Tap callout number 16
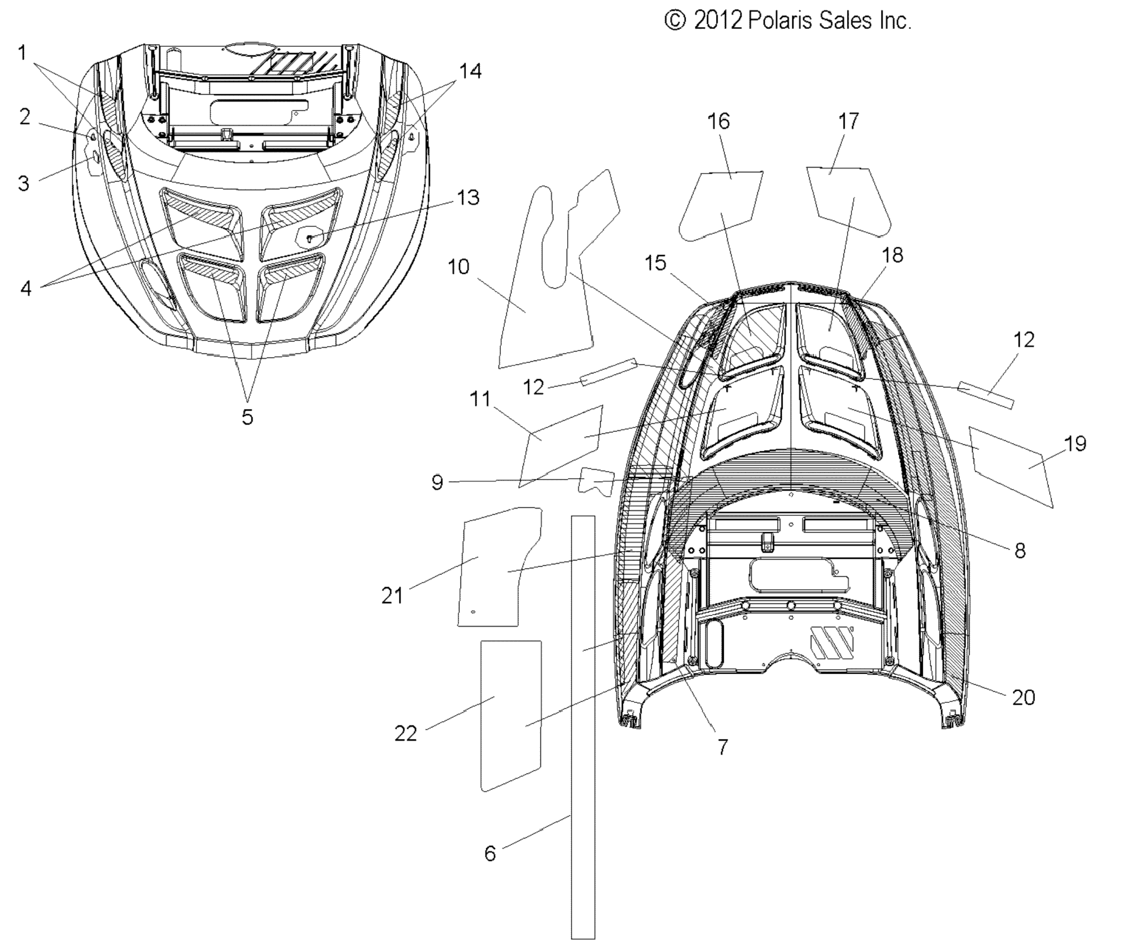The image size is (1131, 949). pyautogui.click(x=718, y=122)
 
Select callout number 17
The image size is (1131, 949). pyautogui.click(x=848, y=121)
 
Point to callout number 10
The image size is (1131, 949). pyautogui.click(x=458, y=267)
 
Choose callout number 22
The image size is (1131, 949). pyautogui.click(x=405, y=733)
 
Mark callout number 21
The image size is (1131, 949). pyautogui.click(x=392, y=596)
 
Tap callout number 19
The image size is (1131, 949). pyautogui.click(x=1075, y=444)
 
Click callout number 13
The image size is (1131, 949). pyautogui.click(x=468, y=198)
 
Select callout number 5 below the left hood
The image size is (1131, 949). pyautogui.click(x=247, y=416)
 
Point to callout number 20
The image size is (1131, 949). pyautogui.click(x=1023, y=698)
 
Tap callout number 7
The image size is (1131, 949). pyautogui.click(x=722, y=747)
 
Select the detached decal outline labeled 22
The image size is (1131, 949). pyautogui.click(x=511, y=716)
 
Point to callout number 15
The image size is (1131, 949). pyautogui.click(x=655, y=263)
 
